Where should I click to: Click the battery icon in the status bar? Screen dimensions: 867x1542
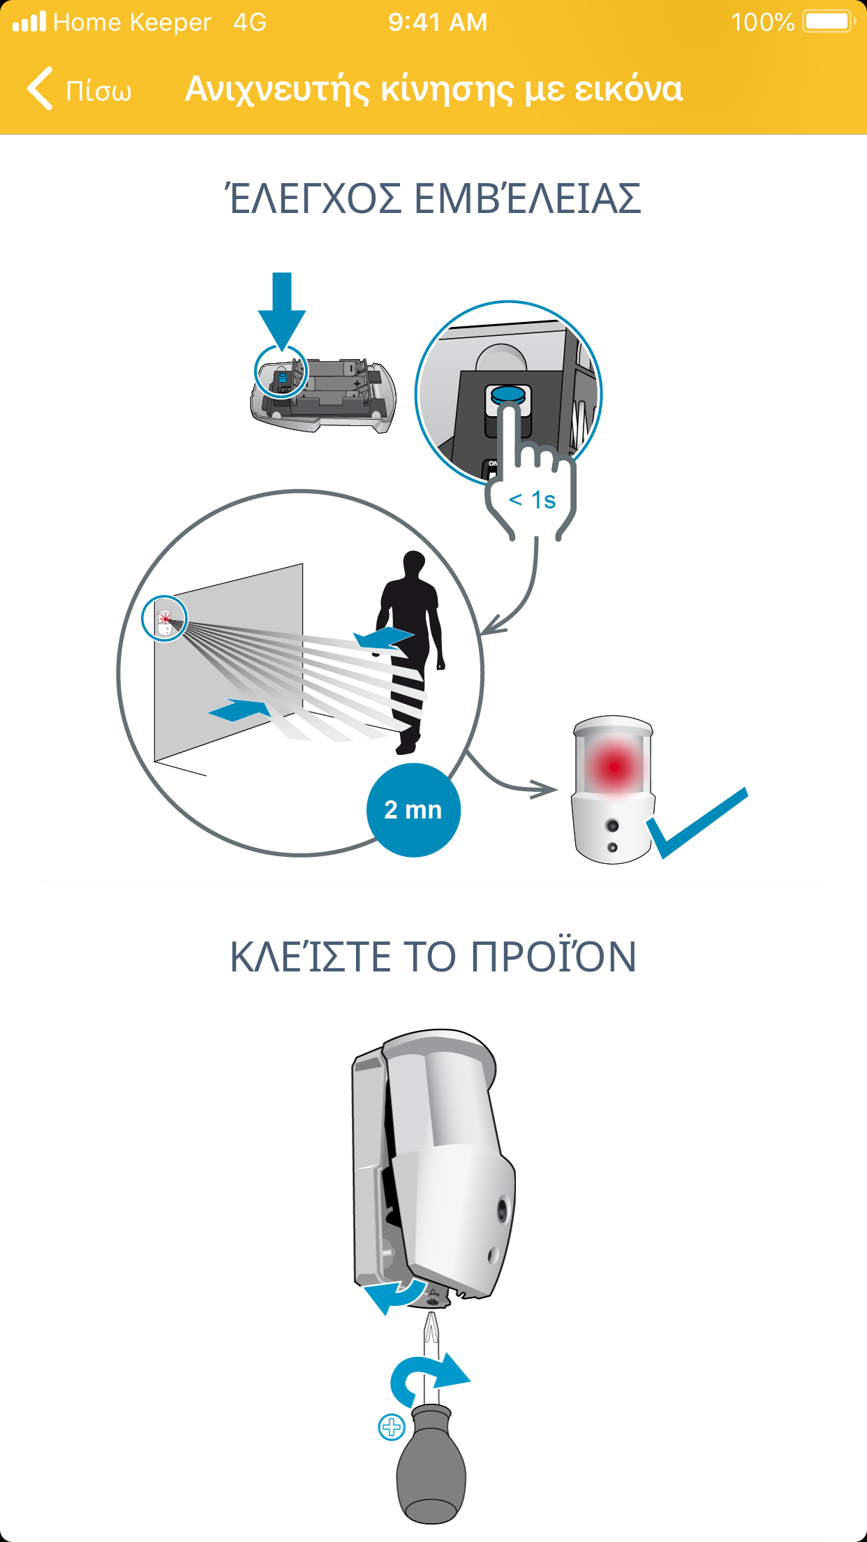(x=829, y=22)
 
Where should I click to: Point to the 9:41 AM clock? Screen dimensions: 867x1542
(x=438, y=22)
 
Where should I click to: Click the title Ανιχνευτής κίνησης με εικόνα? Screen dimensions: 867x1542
(x=433, y=89)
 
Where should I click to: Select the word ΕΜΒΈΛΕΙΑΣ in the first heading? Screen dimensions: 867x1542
(x=528, y=198)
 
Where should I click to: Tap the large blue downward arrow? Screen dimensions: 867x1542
(x=282, y=310)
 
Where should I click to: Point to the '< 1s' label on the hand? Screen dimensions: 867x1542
(x=533, y=500)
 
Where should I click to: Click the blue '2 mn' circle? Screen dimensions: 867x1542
(x=413, y=810)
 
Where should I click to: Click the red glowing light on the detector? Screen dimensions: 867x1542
(x=614, y=766)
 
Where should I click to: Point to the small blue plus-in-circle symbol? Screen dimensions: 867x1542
(x=392, y=1427)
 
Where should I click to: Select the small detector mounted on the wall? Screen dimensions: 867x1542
(x=165, y=622)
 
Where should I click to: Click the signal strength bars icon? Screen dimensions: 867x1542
(x=29, y=22)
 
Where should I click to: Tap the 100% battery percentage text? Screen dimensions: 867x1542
(x=762, y=22)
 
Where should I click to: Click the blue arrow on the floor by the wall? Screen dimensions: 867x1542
(x=240, y=711)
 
